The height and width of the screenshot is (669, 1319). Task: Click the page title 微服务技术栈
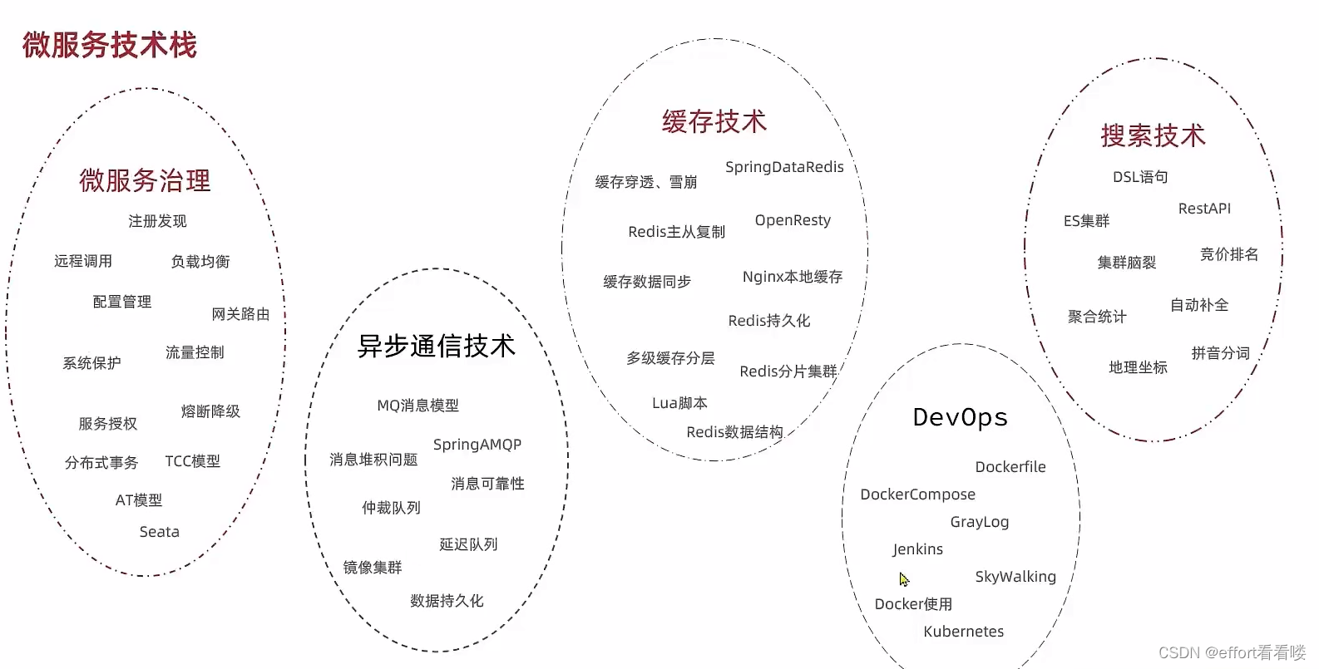pos(109,45)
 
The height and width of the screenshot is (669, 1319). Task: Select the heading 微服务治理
pos(145,180)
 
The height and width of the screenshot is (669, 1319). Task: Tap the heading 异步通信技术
pos(436,346)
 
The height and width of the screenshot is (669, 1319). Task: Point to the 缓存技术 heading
pos(714,122)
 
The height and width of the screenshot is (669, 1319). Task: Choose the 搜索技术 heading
pos(1153,135)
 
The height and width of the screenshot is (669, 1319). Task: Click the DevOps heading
pos(960,417)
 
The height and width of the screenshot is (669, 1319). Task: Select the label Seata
pos(159,532)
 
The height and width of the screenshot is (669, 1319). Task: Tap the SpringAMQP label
pos(477,445)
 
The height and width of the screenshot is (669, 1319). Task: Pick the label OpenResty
pos(793,220)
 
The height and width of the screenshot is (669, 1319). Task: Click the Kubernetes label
pos(963,632)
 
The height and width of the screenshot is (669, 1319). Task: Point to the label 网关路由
pos(240,314)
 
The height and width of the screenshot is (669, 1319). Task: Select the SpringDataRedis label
pos(784,167)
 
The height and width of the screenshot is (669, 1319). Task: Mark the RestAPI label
pos(1203,209)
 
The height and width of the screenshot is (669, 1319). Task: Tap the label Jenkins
pos(917,549)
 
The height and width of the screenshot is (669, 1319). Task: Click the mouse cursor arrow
pos(904,579)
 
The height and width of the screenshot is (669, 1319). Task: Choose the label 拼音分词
pos(1220,353)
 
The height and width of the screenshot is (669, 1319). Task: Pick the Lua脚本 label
pos(679,403)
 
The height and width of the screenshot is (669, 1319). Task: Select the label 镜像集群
pos(372,568)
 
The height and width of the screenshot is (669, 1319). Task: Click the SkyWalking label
pos(1015,577)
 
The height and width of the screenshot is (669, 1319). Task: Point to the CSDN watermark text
pos(1232,653)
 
